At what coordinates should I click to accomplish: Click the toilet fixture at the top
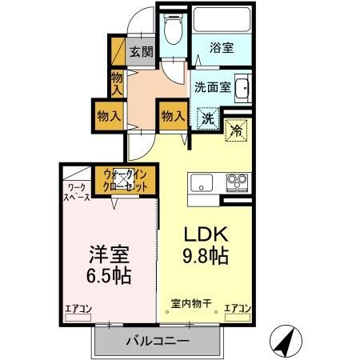[171, 30]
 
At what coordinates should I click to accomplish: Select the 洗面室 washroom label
[212, 88]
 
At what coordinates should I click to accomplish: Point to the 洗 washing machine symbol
[208, 119]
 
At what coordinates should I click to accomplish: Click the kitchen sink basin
[202, 181]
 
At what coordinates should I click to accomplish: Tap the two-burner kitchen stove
[236, 181]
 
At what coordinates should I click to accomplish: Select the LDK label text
[207, 235]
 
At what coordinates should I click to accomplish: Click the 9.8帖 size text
[207, 257]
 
